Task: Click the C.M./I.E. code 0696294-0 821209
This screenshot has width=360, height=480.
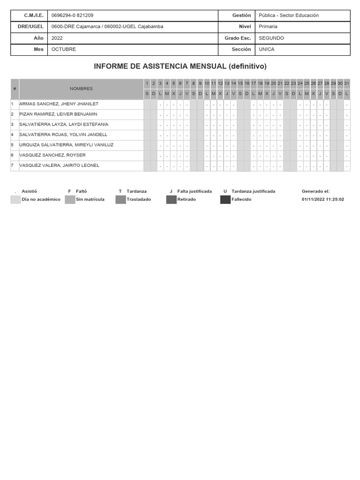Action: click(72, 15)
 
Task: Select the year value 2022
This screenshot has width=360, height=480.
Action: click(57, 38)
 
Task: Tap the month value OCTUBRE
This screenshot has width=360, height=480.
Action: click(63, 49)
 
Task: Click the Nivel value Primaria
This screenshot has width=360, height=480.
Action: click(268, 27)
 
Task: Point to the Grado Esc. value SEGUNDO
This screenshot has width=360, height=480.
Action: click(271, 38)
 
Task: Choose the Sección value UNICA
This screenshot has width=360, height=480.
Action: click(267, 49)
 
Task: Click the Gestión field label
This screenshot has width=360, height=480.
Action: click(242, 15)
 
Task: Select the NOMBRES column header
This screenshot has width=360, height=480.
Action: click(81, 89)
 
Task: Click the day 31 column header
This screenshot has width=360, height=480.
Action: click(346, 83)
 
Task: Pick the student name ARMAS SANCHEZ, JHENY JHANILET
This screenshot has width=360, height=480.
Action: click(59, 104)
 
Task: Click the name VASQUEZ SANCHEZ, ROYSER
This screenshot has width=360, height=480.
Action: click(52, 155)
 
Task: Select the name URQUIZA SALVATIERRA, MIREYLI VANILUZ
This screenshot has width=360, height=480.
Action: click(66, 145)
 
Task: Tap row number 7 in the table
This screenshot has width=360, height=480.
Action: click(12, 165)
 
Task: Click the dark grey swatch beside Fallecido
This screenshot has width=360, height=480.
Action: click(225, 200)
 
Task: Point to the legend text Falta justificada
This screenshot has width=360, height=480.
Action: click(194, 191)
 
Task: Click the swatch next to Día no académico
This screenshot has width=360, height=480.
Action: click(15, 200)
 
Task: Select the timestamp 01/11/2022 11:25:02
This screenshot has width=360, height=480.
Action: click(323, 199)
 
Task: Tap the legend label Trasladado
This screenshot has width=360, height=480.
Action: click(138, 199)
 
